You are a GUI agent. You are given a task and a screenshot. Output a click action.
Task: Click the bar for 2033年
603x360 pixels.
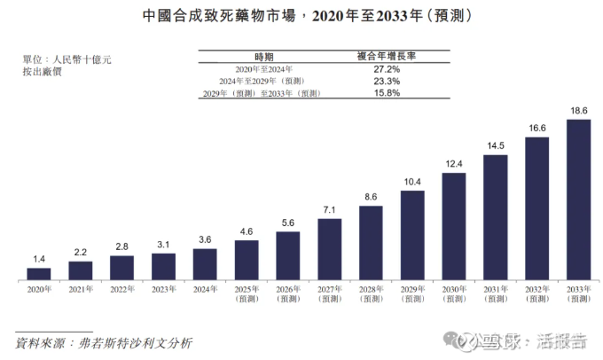tap(579, 199)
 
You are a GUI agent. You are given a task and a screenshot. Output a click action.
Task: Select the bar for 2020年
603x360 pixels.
tap(39, 273)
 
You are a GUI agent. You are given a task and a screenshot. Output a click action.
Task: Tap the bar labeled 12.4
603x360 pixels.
tap(454, 225)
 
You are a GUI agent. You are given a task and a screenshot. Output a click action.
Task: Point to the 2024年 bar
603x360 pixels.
tap(205, 263)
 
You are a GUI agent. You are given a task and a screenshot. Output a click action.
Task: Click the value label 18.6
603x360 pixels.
tap(579, 111)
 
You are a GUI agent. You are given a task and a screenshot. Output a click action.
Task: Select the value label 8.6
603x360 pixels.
tap(371, 197)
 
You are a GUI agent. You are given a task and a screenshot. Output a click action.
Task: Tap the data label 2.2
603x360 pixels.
tap(81, 252)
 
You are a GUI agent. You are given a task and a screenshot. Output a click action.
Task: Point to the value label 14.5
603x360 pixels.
tap(496, 145)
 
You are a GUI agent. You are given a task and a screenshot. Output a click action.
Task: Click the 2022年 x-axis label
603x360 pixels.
tap(121, 289)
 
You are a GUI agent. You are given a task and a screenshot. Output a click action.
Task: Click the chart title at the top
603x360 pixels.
tap(301, 16)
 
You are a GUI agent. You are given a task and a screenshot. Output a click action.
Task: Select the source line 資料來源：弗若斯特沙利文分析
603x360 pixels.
tap(104, 341)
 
